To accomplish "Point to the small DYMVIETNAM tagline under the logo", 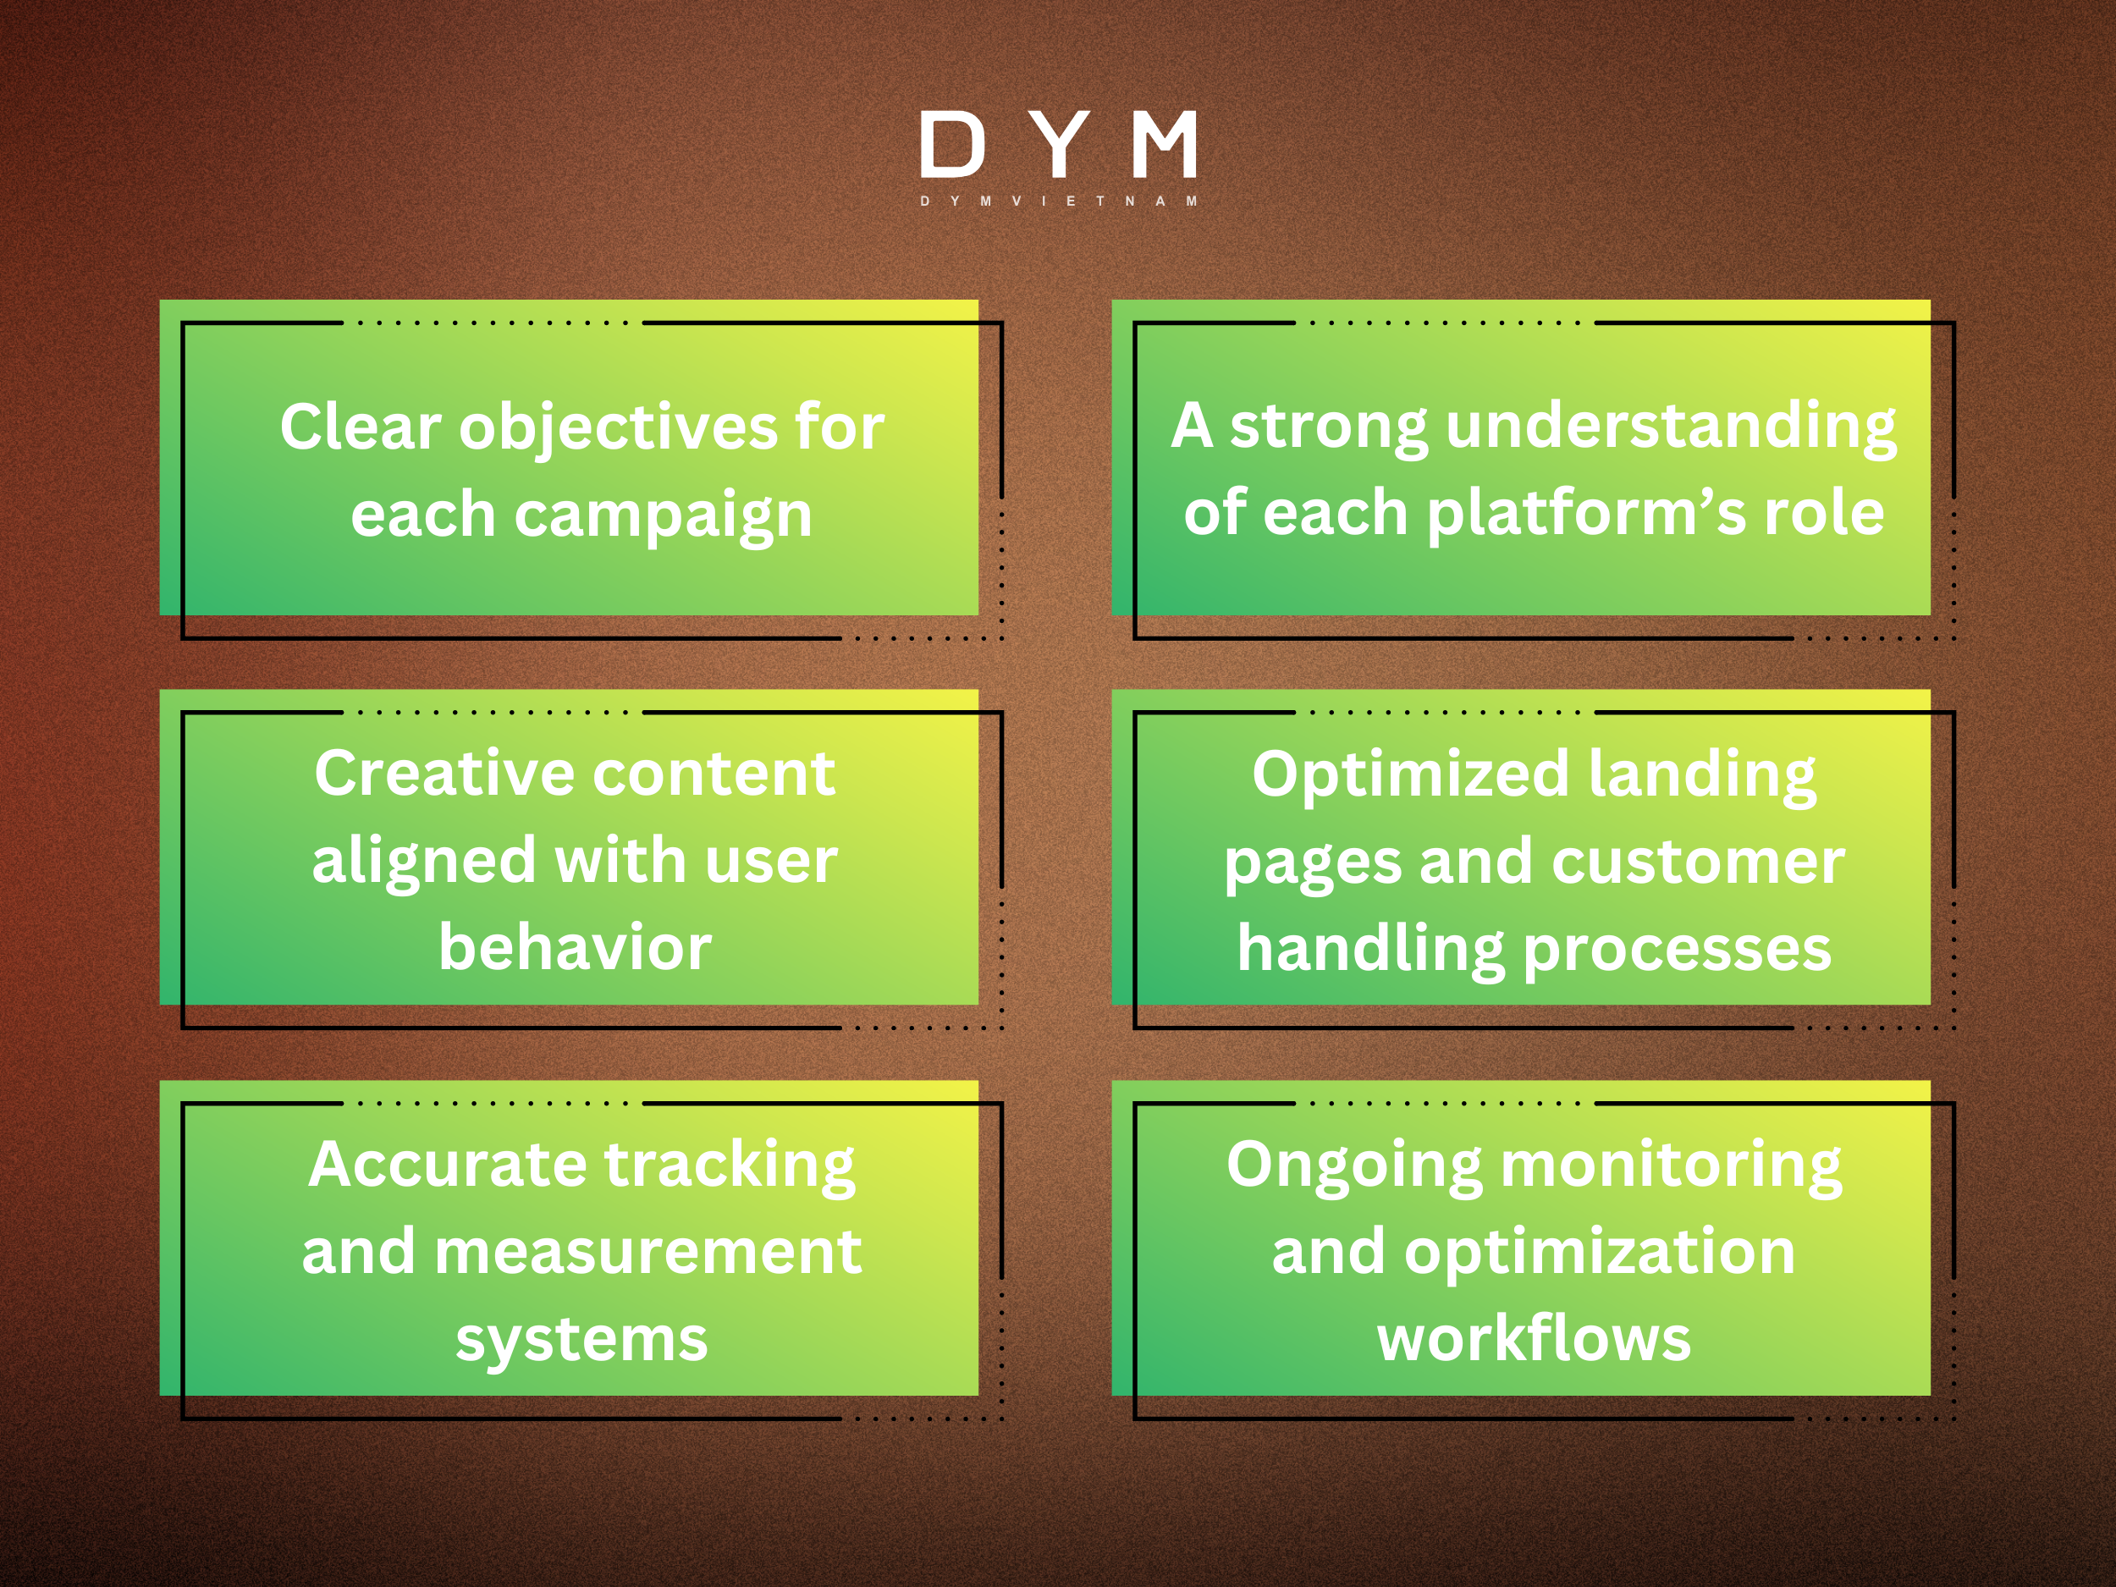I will tap(1058, 201).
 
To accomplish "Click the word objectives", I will tap(619, 427).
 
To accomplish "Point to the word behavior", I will tap(575, 947).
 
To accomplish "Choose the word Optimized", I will tap(1411, 774).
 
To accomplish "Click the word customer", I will tap(1698, 861).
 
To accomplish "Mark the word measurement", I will tap(647, 1251).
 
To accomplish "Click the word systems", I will tap(581, 1339).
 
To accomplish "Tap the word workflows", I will tap(1534, 1337).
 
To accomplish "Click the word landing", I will tap(1702, 774).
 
